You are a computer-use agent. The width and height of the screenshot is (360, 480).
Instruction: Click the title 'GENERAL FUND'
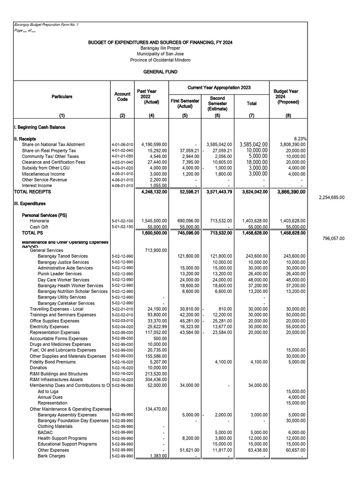click(160, 72)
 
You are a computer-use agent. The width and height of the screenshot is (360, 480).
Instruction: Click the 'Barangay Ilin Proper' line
click(160, 48)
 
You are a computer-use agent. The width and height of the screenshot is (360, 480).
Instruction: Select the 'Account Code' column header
click(122, 97)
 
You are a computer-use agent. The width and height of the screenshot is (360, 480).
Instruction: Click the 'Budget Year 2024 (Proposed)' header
click(286, 97)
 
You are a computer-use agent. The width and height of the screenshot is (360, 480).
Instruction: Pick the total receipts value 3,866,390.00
click(287, 192)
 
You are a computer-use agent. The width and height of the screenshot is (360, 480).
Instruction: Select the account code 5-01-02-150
click(122, 226)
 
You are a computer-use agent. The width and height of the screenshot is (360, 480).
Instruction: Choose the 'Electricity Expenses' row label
click(49, 327)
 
